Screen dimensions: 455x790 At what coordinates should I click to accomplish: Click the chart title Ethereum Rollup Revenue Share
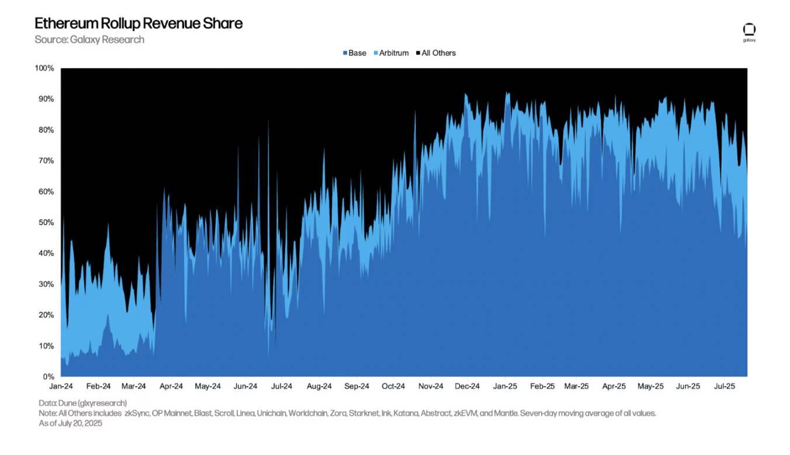[138, 23]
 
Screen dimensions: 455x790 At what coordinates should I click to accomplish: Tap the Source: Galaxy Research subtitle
[89, 40]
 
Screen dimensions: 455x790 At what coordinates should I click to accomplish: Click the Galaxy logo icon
[749, 30]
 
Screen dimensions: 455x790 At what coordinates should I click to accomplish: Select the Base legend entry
[355, 53]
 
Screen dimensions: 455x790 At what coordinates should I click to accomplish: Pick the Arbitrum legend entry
[391, 53]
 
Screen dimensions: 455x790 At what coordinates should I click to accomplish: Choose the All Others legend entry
[435, 53]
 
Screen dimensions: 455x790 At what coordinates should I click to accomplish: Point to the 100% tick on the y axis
[44, 68]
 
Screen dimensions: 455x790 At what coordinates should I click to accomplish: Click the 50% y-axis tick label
[46, 223]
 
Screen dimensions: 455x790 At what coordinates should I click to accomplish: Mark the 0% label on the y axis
[48, 377]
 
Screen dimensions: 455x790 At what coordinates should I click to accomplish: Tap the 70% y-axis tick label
[46, 161]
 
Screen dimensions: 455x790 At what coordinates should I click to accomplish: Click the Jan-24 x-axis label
[61, 386]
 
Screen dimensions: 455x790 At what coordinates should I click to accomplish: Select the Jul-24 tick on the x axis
[282, 386]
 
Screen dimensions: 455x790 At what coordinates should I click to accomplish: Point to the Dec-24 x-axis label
[467, 386]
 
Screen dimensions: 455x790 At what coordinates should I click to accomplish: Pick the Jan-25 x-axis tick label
[505, 386]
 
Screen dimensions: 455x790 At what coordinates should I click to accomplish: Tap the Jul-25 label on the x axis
[725, 386]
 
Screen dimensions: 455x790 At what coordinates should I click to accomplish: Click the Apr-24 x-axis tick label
[171, 386]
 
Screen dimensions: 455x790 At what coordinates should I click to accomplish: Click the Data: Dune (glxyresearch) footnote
[82, 403]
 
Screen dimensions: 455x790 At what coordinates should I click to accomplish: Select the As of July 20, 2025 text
[71, 423]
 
